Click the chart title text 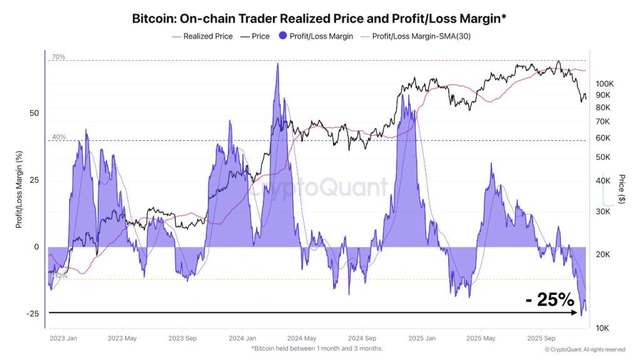tap(319, 18)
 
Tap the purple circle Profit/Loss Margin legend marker tap(282, 36)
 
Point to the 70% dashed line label tap(58, 57)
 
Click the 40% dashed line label tap(58, 136)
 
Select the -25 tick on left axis tap(33, 314)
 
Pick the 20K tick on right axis tap(602, 254)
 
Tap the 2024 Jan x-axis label tap(242, 338)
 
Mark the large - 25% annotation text tap(550, 300)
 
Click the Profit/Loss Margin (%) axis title tap(19, 188)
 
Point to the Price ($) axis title tap(621, 189)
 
